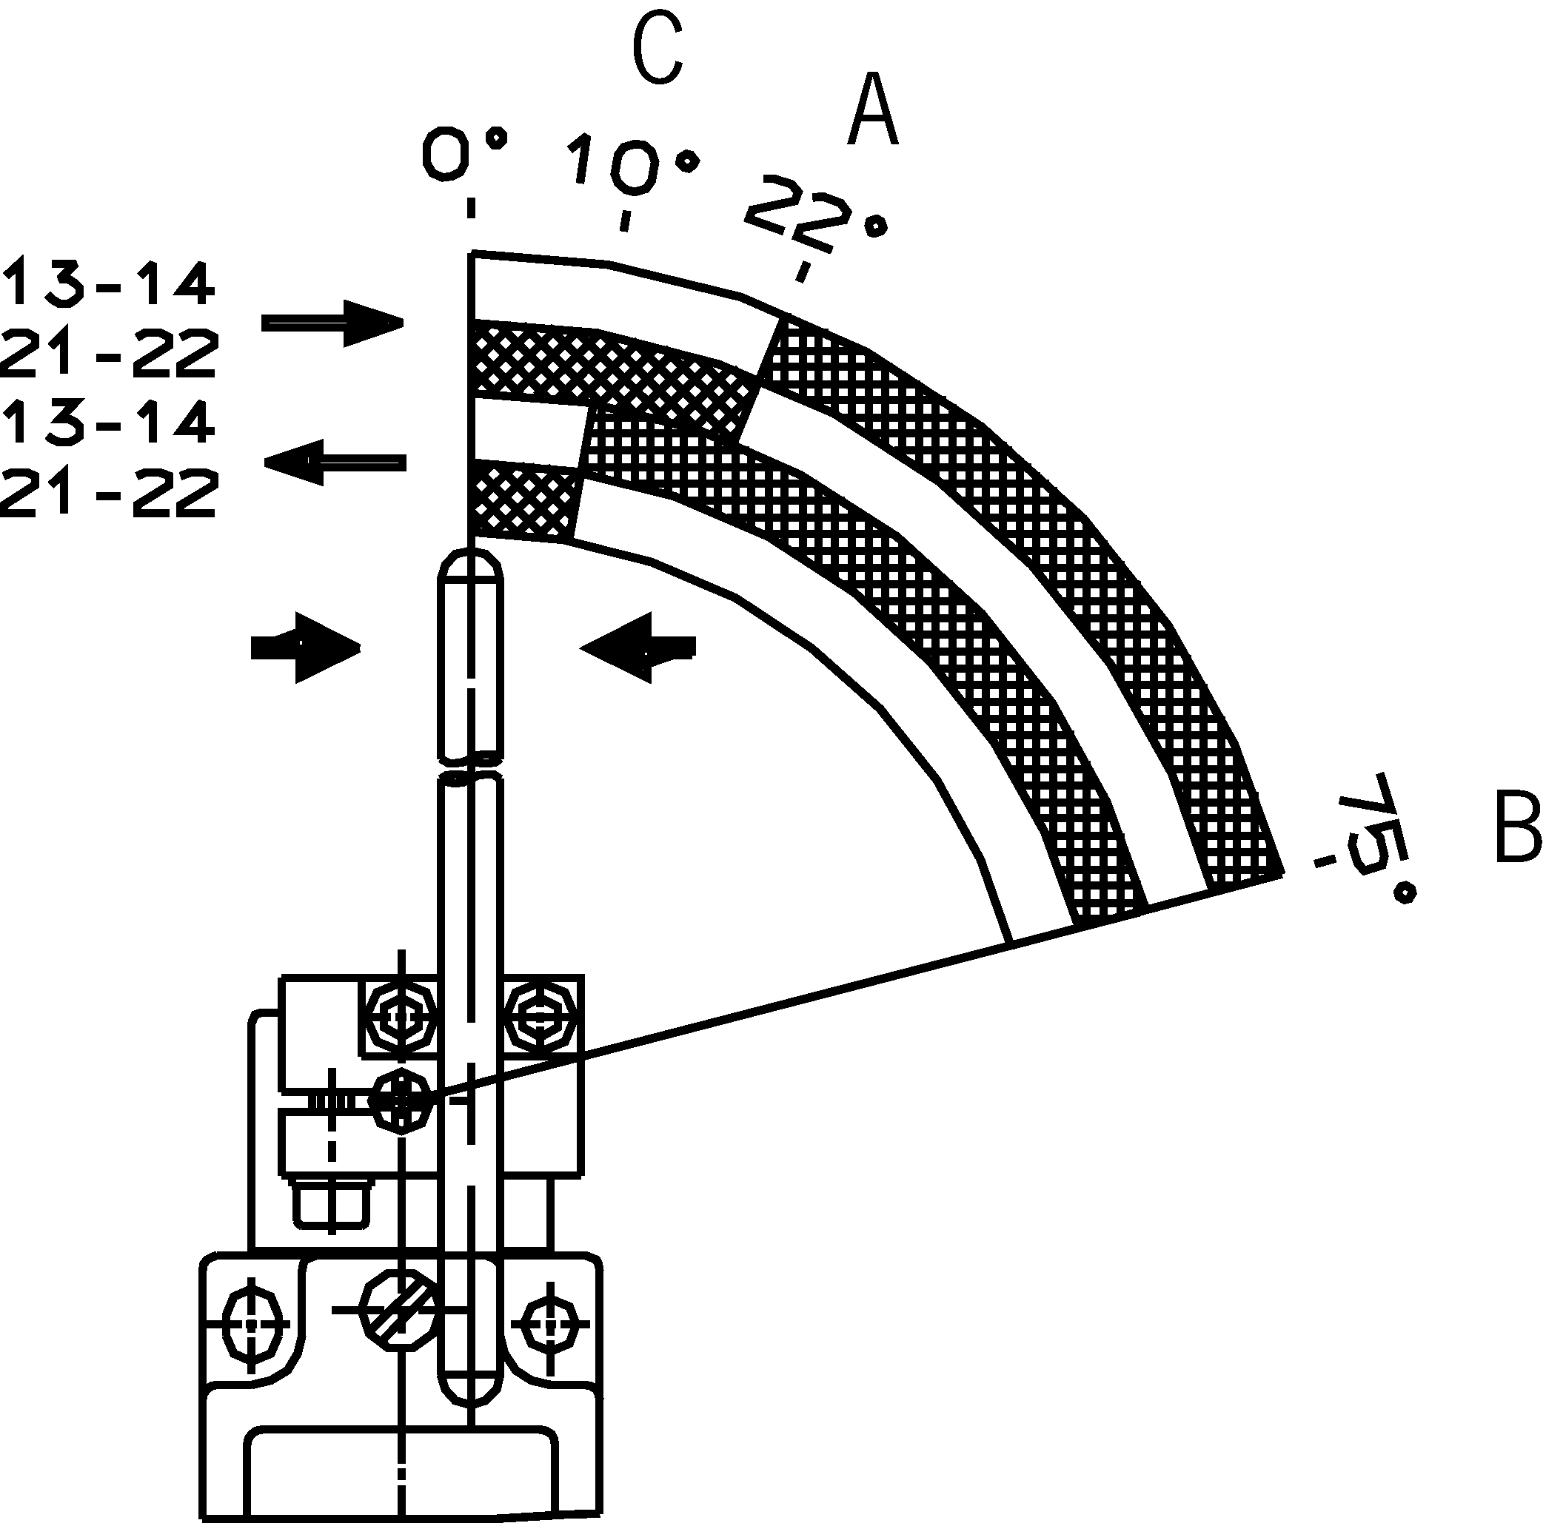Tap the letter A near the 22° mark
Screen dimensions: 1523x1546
(873, 110)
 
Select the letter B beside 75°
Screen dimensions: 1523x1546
(1517, 827)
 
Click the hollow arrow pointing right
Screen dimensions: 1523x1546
(333, 323)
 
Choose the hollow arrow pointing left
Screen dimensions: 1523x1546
(336, 463)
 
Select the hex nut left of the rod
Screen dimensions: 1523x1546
(398, 1018)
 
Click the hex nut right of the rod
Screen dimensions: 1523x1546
(541, 1018)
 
